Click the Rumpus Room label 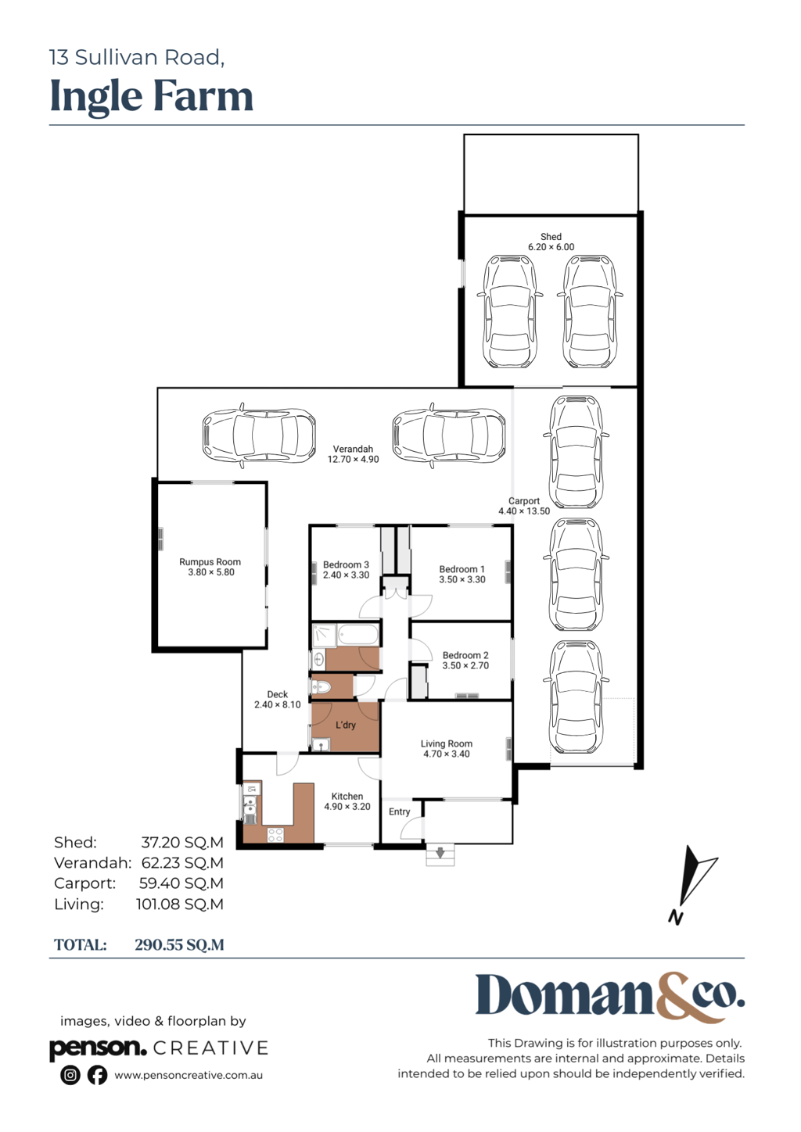pyautogui.click(x=210, y=562)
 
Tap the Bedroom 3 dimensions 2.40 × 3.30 pyautogui.click(x=347, y=575)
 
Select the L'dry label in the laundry pyautogui.click(x=346, y=725)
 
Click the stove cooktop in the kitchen pyautogui.click(x=275, y=835)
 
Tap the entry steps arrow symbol pyautogui.click(x=440, y=853)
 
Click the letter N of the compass pyautogui.click(x=675, y=917)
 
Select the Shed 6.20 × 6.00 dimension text pyautogui.click(x=551, y=247)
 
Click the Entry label pyautogui.click(x=400, y=811)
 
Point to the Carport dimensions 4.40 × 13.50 pyautogui.click(x=524, y=511)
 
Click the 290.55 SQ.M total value pyautogui.click(x=179, y=945)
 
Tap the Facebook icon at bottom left pyautogui.click(x=98, y=1075)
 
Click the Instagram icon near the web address pyautogui.click(x=70, y=1075)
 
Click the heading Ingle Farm pyautogui.click(x=152, y=96)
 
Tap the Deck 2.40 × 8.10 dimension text pyautogui.click(x=277, y=705)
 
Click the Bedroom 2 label pyautogui.click(x=465, y=655)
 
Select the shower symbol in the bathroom pyautogui.click(x=324, y=636)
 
